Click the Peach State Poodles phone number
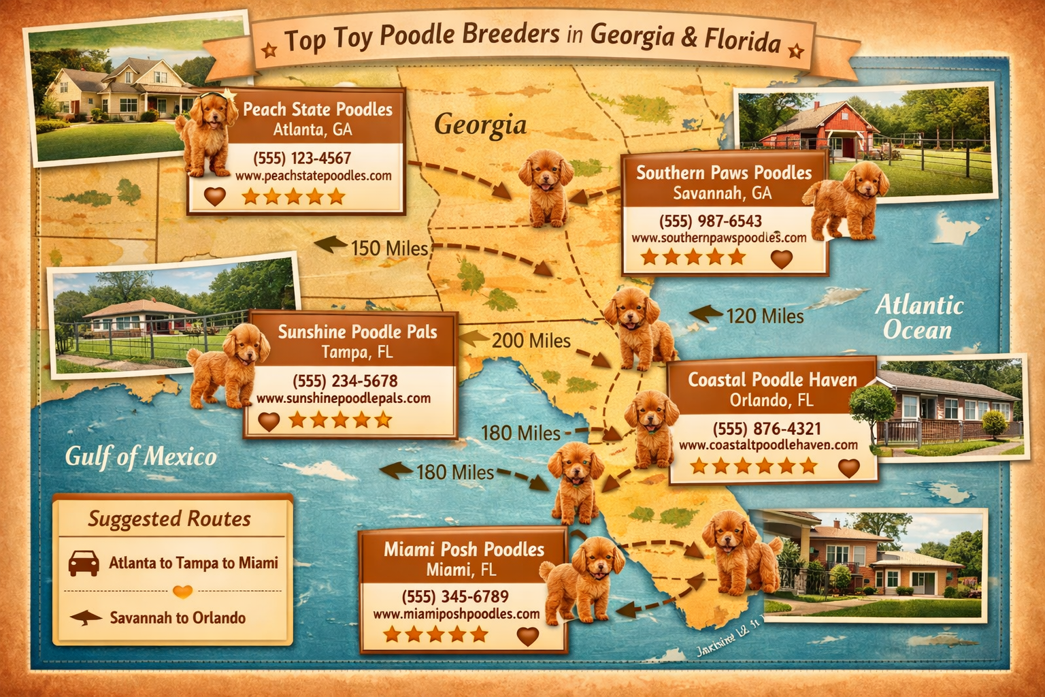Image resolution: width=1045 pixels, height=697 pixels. coord(302,159)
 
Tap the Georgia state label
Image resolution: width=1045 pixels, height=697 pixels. coord(480,125)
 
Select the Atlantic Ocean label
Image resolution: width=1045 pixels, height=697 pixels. coord(918,317)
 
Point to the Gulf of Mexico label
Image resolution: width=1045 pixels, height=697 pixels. coord(141,457)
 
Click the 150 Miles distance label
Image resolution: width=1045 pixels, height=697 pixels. coord(389,248)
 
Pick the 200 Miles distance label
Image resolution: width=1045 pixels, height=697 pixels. coord(531,340)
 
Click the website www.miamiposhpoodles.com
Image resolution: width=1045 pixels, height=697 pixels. coord(456,614)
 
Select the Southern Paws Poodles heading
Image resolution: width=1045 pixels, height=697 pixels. coord(724,173)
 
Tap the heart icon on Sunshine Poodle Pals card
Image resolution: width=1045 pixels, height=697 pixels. coord(269,421)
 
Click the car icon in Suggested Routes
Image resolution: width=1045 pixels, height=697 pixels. coord(84,563)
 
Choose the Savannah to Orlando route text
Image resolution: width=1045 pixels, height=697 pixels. coord(178,618)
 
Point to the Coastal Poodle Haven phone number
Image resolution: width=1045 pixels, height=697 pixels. coord(767,429)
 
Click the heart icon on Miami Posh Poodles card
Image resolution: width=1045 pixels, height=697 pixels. coord(527,636)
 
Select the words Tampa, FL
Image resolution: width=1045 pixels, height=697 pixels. coord(357,353)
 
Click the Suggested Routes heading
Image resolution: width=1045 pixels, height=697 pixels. coord(169,519)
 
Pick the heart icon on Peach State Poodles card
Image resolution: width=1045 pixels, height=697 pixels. coord(214,197)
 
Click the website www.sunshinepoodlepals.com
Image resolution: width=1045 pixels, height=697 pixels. coord(343,398)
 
